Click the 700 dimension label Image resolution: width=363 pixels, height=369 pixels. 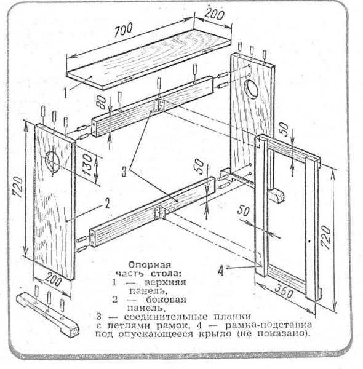pos(123,30)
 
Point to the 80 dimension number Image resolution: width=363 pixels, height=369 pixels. pos(103,103)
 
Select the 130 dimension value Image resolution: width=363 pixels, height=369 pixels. pos(88,165)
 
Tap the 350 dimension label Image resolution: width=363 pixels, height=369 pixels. pos(284,291)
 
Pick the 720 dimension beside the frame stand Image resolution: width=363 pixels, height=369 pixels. pos(326,237)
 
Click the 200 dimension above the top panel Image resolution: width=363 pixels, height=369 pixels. pos(214,14)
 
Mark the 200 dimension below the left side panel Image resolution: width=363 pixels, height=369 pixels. pos(53,280)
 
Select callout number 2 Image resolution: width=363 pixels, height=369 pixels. pos(107,204)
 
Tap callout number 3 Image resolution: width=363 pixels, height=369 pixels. pos(124,171)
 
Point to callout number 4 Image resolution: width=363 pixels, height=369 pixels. pos(221,271)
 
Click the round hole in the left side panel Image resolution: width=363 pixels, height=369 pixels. pos(53,162)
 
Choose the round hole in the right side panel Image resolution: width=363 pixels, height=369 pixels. pos(252,88)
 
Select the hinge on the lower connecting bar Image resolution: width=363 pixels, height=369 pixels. pos(160,213)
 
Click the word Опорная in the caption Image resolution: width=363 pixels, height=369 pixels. pos(150,264)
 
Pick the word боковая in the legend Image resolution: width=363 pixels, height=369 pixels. pos(166,300)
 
